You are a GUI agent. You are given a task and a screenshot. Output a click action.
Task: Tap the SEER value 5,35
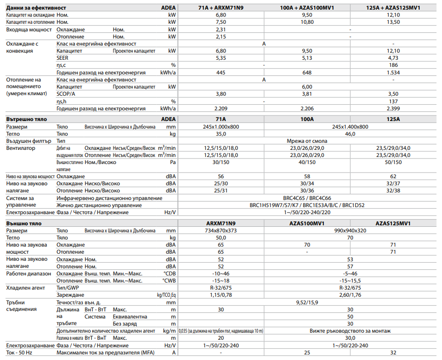tap(220, 58)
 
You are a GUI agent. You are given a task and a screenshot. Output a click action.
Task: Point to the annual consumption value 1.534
tap(393, 72)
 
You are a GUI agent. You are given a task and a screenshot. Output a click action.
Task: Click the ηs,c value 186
tap(393, 65)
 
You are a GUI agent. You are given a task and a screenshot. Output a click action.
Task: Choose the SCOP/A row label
tap(66, 94)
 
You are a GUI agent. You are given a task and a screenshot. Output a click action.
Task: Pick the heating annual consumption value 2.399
tap(393, 108)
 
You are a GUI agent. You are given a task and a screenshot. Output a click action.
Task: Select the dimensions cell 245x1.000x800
tap(220, 126)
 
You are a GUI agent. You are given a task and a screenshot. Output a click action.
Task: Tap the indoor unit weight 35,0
tap(220, 133)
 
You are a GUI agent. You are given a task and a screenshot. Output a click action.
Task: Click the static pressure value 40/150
tap(307, 162)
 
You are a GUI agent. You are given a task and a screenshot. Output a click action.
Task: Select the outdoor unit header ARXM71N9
tap(220, 223)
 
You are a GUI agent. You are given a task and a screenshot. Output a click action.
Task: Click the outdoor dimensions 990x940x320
tap(350, 230)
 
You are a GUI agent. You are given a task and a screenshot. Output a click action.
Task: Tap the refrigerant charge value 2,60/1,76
tap(350, 294)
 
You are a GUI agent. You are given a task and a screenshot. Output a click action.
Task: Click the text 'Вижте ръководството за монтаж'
tap(350, 331)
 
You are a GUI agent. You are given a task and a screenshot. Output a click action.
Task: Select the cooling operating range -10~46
tap(220, 273)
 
